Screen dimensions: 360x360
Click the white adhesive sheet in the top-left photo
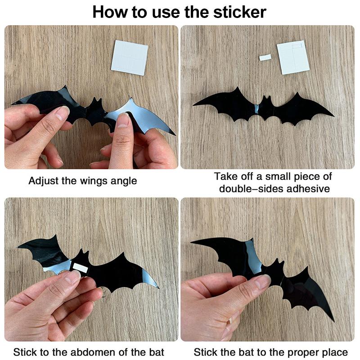130,58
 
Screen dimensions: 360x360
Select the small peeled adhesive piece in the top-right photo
265,58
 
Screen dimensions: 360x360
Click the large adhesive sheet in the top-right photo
293,57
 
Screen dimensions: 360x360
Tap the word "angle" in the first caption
124,181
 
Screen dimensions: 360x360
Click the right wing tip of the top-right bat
333,115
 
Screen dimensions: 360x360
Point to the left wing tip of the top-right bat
194,105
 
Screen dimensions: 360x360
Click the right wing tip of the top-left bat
174,134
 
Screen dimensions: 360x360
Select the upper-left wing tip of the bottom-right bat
192,243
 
